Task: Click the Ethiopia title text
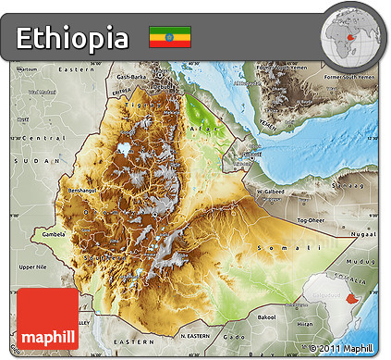click(x=72, y=38)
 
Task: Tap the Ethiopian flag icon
click(x=169, y=37)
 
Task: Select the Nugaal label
click(x=364, y=235)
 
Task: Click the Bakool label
click(x=266, y=316)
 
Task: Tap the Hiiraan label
click(x=306, y=325)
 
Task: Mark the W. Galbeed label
click(x=272, y=192)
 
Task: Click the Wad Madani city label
click(x=42, y=93)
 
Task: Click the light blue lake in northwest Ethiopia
click(x=123, y=147)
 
